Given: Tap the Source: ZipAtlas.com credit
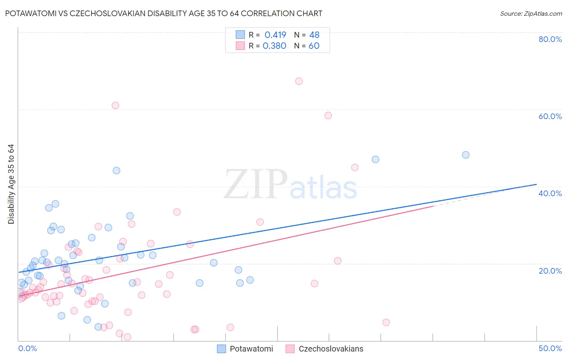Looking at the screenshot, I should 531,14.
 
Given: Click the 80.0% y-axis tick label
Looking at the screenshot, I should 550,39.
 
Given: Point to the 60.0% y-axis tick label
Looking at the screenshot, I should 550,116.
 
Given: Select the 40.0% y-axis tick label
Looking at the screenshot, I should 550,193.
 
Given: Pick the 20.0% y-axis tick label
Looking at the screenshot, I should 550,271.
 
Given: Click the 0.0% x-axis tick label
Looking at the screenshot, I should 27,348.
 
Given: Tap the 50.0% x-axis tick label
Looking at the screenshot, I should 550,348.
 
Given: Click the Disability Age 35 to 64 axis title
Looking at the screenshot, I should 11,184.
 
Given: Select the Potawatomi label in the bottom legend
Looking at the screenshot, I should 251,349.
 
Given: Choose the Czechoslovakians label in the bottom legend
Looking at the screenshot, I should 331,349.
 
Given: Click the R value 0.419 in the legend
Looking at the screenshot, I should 275,35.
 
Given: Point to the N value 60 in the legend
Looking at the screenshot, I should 314,46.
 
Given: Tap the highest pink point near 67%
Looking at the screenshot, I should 299,81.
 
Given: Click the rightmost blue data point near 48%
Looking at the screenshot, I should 466,155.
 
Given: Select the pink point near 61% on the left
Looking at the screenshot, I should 115,105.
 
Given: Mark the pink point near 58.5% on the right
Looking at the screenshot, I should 328,115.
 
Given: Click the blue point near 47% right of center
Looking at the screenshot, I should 375,159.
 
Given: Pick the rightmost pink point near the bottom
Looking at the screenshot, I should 386,322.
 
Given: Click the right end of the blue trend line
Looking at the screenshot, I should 536,184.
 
